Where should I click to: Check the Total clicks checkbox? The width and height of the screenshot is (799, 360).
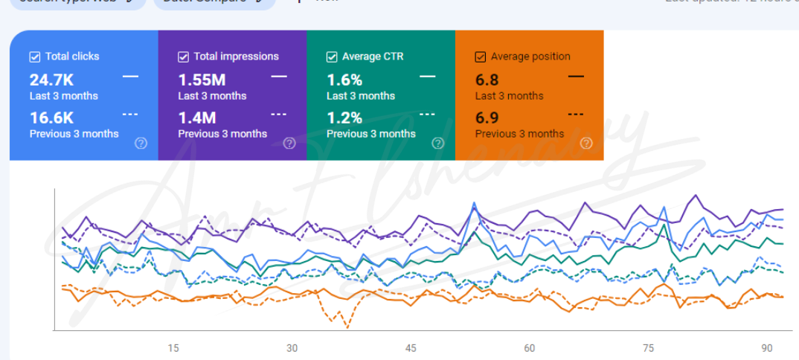tap(35, 57)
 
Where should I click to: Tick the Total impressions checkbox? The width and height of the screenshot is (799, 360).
tap(184, 57)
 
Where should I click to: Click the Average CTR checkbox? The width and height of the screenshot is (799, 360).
tap(332, 57)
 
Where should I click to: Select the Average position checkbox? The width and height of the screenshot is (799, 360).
tap(481, 57)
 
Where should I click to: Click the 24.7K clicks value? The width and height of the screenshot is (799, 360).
tap(51, 80)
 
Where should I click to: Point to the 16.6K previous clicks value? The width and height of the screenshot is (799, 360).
tap(51, 118)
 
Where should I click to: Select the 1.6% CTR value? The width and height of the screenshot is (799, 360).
tap(344, 80)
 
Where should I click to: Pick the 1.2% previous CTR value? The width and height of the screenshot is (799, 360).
tap(344, 118)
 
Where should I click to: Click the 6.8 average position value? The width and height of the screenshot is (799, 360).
tap(487, 80)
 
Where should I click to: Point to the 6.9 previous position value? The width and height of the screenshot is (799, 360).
tap(487, 118)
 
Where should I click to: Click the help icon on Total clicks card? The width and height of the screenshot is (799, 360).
tap(141, 144)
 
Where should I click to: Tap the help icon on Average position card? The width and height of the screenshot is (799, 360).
tap(586, 144)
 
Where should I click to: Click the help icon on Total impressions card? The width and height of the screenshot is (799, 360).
tap(289, 144)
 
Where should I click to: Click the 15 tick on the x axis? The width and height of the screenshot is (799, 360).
tap(173, 348)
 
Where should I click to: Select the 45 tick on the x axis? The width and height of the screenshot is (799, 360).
tap(411, 348)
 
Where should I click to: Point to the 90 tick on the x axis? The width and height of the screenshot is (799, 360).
tap(767, 348)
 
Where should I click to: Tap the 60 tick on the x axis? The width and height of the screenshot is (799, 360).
tap(530, 348)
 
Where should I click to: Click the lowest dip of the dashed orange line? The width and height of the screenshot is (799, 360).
tap(347, 327)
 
